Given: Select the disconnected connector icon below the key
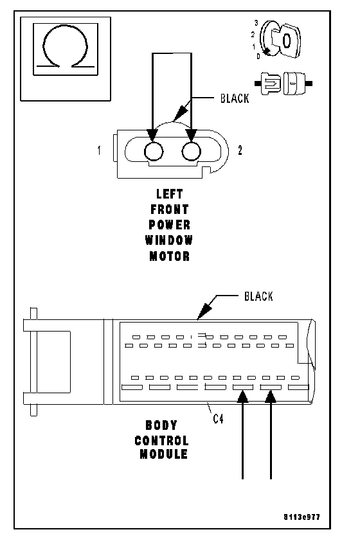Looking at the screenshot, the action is [x=283, y=83].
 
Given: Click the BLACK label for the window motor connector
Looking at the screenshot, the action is [x=235, y=98].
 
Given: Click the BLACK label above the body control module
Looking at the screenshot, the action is [x=258, y=296].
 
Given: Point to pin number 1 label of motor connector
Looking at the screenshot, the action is [x=100, y=150].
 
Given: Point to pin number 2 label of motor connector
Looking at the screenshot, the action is [x=240, y=150].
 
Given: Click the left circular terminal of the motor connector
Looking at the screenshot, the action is [x=153, y=151].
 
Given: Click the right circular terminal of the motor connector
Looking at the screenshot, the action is [x=191, y=151].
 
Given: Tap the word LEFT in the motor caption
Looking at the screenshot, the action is [x=169, y=194].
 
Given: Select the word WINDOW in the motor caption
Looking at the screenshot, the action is [x=169, y=240].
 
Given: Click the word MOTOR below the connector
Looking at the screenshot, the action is [x=170, y=256].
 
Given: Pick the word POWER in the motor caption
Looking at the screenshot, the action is [x=170, y=225].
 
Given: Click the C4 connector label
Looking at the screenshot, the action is [x=218, y=418].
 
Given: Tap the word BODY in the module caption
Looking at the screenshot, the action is [x=161, y=425].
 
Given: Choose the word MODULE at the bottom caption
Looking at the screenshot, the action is [x=163, y=454].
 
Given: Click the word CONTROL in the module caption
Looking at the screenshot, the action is [x=161, y=441].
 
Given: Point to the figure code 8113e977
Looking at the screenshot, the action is [x=301, y=517].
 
